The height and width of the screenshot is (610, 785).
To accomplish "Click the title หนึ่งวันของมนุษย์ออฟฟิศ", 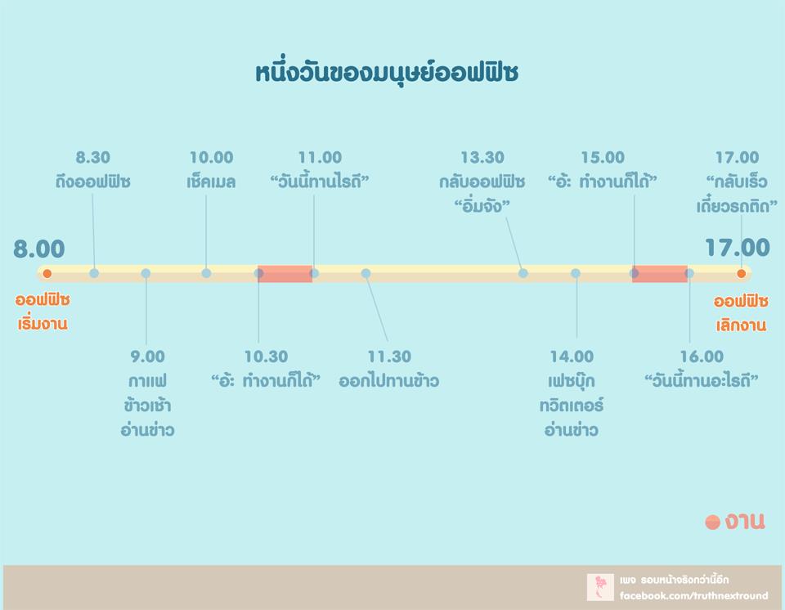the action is pyautogui.click(x=387, y=73).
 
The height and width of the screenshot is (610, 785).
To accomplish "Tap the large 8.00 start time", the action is pyautogui.click(x=39, y=249).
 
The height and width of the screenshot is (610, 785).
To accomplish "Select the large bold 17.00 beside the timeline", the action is pyautogui.click(x=737, y=248).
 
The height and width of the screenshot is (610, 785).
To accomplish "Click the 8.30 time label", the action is pyautogui.click(x=92, y=158).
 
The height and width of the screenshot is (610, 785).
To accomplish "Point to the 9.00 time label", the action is pyautogui.click(x=147, y=357).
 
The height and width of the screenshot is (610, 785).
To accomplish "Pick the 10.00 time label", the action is pyautogui.click(x=211, y=158).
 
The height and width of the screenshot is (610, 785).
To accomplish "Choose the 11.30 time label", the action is pyautogui.click(x=389, y=357).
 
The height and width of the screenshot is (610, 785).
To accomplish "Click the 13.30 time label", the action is pyautogui.click(x=482, y=158).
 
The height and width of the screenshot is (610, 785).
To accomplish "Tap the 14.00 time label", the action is pyautogui.click(x=572, y=357).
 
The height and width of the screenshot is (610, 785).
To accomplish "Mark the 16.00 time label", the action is pyautogui.click(x=702, y=357).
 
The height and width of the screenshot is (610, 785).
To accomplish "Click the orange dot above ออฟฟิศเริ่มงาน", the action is pyautogui.click(x=47, y=273).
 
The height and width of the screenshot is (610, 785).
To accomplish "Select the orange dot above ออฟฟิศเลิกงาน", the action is pyautogui.click(x=742, y=273).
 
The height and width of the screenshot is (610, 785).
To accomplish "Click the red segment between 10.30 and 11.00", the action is pyautogui.click(x=285, y=274).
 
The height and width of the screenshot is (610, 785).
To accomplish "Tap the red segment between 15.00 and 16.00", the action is pyautogui.click(x=659, y=274).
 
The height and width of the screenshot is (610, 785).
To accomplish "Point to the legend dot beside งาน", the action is pyautogui.click(x=712, y=523).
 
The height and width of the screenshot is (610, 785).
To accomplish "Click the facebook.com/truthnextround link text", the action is pyautogui.click(x=693, y=596).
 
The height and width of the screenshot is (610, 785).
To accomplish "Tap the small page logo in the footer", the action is pyautogui.click(x=600, y=587).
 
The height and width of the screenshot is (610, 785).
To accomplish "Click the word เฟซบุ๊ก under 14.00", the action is pyautogui.click(x=572, y=382).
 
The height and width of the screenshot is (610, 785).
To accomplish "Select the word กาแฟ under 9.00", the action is pyautogui.click(x=147, y=382).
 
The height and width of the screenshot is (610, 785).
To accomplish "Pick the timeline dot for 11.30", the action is pyautogui.click(x=366, y=273).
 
